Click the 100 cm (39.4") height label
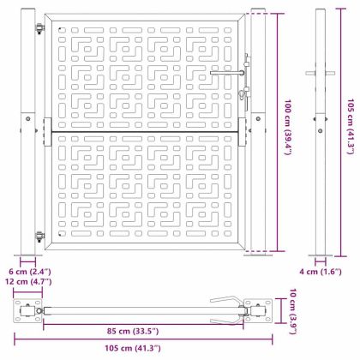click(x=288, y=127)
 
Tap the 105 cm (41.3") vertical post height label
click(x=351, y=126)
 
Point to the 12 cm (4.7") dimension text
click(x=28, y=281)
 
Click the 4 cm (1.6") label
click(x=321, y=272)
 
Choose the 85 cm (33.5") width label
click(x=133, y=331)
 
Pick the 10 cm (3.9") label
click(x=293, y=311)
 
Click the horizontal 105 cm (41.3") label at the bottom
click(x=133, y=348)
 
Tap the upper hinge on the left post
click(x=40, y=28)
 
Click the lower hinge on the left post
click(x=40, y=237)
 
